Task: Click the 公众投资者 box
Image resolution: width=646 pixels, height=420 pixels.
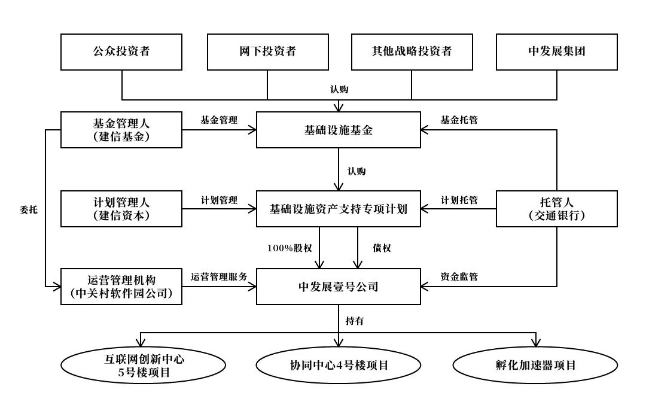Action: click(x=121, y=51)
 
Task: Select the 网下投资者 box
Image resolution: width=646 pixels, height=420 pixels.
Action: click(x=267, y=51)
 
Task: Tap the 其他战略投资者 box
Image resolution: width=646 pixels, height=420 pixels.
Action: click(x=412, y=51)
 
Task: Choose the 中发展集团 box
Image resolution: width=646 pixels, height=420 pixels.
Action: click(x=557, y=51)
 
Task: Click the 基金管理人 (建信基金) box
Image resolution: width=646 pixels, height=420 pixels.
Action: click(x=121, y=130)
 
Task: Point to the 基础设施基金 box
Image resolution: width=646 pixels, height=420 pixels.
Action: click(x=339, y=130)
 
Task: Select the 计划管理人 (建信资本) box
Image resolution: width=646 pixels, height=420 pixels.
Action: click(x=121, y=209)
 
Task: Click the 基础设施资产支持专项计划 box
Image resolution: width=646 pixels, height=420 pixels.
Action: click(x=339, y=209)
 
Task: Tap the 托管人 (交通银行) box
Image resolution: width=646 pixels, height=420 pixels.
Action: click(x=557, y=209)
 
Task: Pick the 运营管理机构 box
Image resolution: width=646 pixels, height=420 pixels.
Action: click(x=121, y=287)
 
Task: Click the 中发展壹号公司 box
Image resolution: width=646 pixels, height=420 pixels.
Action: click(x=339, y=287)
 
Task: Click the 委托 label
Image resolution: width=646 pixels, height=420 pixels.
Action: click(x=28, y=209)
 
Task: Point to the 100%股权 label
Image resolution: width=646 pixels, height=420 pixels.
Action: click(x=290, y=248)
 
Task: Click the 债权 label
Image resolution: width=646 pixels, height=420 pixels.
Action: click(x=381, y=248)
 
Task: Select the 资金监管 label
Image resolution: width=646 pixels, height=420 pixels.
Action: click(x=459, y=276)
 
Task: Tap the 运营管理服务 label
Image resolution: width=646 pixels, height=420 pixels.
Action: click(x=219, y=276)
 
